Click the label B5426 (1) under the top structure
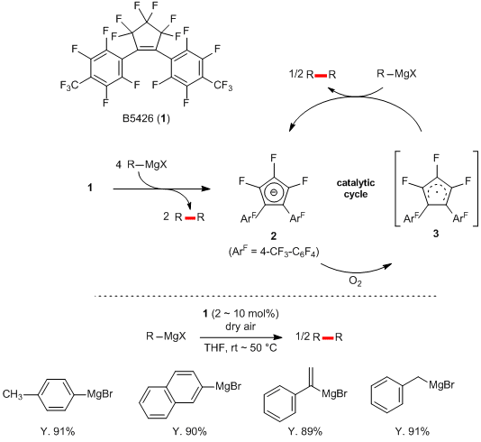pos(146,118)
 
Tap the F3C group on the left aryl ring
pos(69,86)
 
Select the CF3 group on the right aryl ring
pos(223,85)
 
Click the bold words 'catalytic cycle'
pos(356,189)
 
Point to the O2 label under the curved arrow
pos(355,281)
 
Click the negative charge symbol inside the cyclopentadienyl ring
pos(274,193)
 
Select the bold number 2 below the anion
pos(273,235)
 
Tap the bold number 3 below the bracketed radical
pos(436,234)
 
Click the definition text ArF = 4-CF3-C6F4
pos(274,253)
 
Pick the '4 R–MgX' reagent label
pos(141,165)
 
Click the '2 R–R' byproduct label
pos(184,217)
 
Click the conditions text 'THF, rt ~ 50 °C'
pos(240,348)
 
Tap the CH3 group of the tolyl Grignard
pos(13,394)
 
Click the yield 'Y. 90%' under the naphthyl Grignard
pos(189,431)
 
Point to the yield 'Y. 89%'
pos(305,431)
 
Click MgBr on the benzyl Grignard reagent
pos(441,384)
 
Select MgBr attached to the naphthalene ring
pos(228,385)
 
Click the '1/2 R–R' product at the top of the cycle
pos(313,75)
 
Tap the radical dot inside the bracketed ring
pos(436,194)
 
